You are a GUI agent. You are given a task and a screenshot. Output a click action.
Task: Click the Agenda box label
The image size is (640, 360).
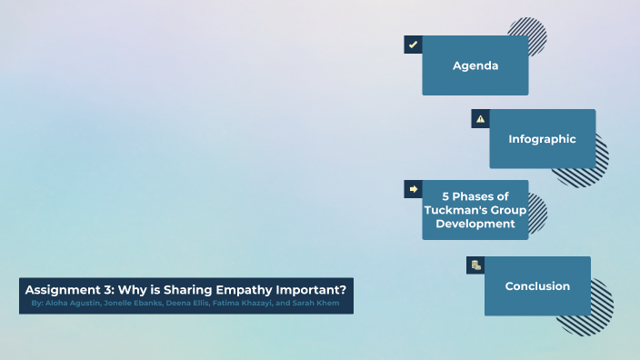[x=475, y=65]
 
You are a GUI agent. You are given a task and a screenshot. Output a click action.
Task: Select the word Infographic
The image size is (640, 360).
[x=542, y=139]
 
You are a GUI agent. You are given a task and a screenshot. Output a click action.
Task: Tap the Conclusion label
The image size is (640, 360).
[x=537, y=286]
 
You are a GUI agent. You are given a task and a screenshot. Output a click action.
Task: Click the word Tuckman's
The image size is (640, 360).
[x=454, y=210]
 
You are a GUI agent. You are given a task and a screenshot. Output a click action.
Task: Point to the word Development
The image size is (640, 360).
[x=475, y=224]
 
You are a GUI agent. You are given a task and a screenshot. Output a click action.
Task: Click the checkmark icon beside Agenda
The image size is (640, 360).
[x=413, y=45]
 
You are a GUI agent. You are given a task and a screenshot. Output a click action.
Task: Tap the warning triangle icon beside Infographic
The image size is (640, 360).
[x=480, y=118]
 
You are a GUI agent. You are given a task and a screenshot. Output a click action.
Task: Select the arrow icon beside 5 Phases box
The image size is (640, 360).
[x=413, y=189]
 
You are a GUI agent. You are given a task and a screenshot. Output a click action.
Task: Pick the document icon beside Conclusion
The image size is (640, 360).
[x=475, y=265]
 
